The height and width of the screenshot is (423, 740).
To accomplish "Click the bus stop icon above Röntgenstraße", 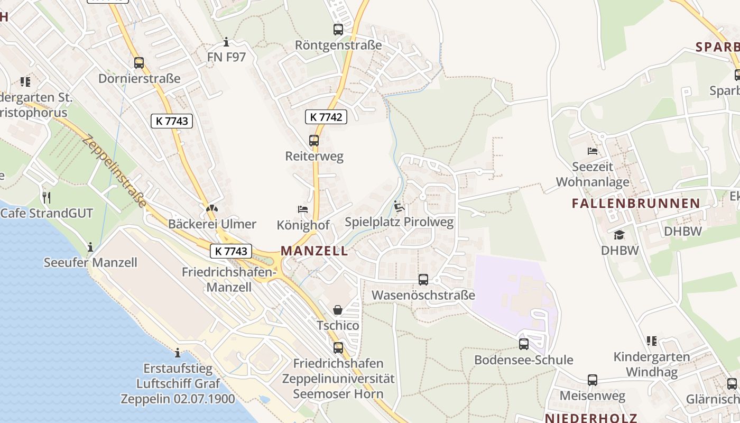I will pos(338,30).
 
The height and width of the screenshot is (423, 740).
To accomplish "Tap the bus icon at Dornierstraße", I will pos(139,63).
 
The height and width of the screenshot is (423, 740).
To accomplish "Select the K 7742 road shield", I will pos(326,117).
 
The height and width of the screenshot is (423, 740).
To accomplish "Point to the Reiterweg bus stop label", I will pos(314,156).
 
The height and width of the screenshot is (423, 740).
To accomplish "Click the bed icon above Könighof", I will pos(303,209).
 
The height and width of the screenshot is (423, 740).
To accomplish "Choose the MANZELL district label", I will pos(314,251).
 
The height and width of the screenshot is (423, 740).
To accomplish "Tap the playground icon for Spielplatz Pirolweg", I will pos(399,207).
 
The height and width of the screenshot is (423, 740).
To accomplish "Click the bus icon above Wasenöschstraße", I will pos(423,280).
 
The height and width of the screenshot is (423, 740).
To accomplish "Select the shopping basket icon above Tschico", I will pos(338,310).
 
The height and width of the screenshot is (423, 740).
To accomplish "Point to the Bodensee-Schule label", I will pos(523,360).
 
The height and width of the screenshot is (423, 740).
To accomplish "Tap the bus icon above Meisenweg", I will pos(593,380).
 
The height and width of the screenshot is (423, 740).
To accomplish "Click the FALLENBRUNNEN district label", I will pos(636,203).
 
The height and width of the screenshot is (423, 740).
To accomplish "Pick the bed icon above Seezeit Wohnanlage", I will pos(593,151).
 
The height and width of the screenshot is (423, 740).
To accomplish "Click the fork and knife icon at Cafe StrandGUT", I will pos(47,198).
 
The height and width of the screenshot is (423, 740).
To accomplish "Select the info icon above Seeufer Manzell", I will pos(90,247).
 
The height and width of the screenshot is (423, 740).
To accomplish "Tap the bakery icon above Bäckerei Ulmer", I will pos(212,209).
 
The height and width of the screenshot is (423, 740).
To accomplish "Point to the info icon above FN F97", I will pos(226,42).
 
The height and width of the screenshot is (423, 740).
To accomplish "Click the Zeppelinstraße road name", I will pos(114,170).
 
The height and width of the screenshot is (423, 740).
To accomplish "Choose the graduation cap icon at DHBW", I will pos(619,235).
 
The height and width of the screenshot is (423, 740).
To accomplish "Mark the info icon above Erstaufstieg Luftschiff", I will pos(178,353).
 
